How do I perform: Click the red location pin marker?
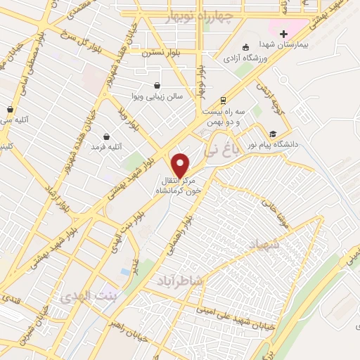click(181, 165)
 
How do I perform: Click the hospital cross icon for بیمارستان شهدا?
click(283, 33)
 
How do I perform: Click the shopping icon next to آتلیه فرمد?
click(105, 136)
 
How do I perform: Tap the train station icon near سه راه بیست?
click(223, 100)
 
